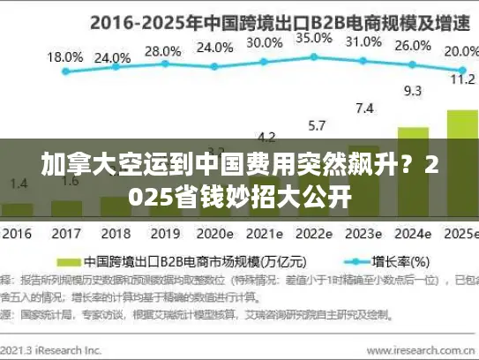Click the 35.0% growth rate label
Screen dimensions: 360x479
[314, 39]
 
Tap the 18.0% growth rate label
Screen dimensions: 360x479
[64, 56]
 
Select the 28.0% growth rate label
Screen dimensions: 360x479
[161, 50]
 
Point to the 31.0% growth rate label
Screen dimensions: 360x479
[363, 42]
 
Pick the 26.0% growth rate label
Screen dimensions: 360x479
[411, 47]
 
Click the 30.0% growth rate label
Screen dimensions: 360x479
[265, 42]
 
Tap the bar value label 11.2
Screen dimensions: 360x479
[462, 79]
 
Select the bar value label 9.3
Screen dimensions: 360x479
[412, 90]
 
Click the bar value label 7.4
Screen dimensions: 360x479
[363, 109]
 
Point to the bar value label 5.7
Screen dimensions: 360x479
[315, 124]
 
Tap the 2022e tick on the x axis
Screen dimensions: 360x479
[314, 235]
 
